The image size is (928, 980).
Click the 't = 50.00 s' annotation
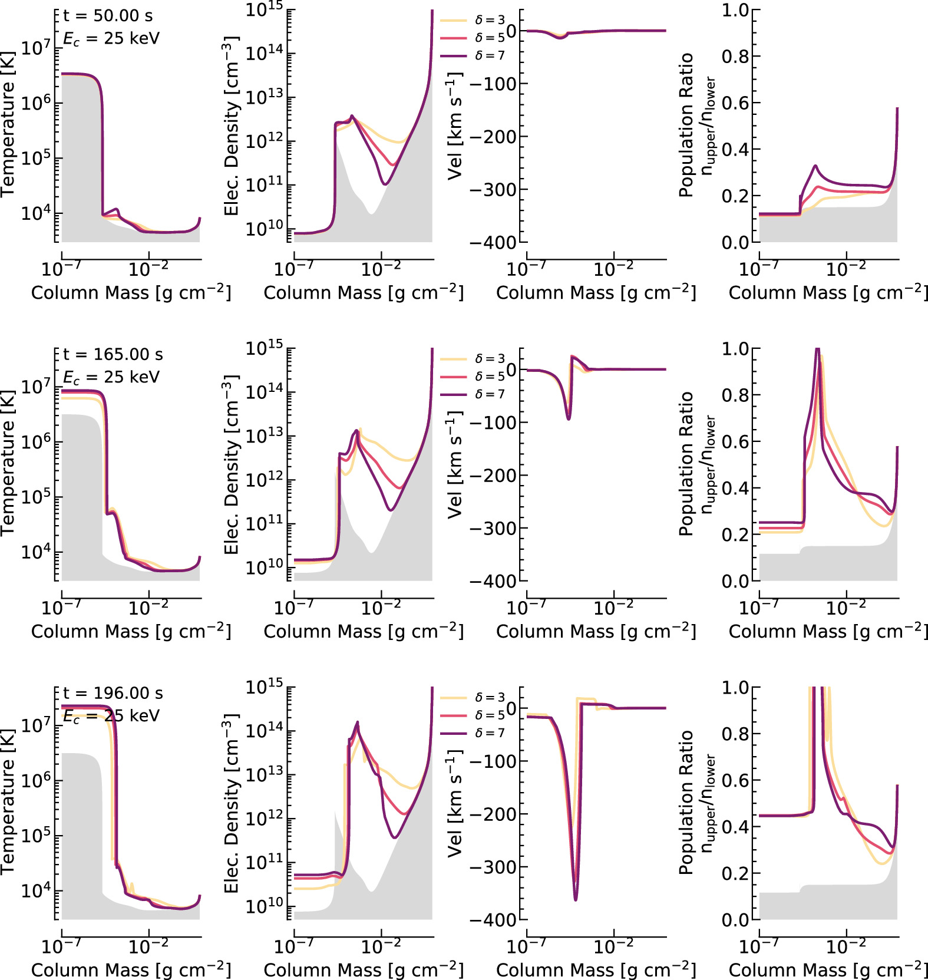[108, 16]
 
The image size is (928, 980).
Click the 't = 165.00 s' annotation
[113, 355]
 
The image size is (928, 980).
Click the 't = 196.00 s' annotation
[113, 694]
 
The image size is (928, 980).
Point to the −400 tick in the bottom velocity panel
[493, 920]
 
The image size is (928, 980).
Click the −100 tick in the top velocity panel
[493, 84]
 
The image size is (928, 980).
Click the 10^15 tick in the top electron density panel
[264, 11]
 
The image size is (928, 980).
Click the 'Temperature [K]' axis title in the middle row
[8, 463]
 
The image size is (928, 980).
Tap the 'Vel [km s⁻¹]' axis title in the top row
[454, 126]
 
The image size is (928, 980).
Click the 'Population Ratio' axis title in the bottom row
[686, 801]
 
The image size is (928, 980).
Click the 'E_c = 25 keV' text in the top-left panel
[111, 39]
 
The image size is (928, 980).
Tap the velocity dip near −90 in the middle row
[569, 418]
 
